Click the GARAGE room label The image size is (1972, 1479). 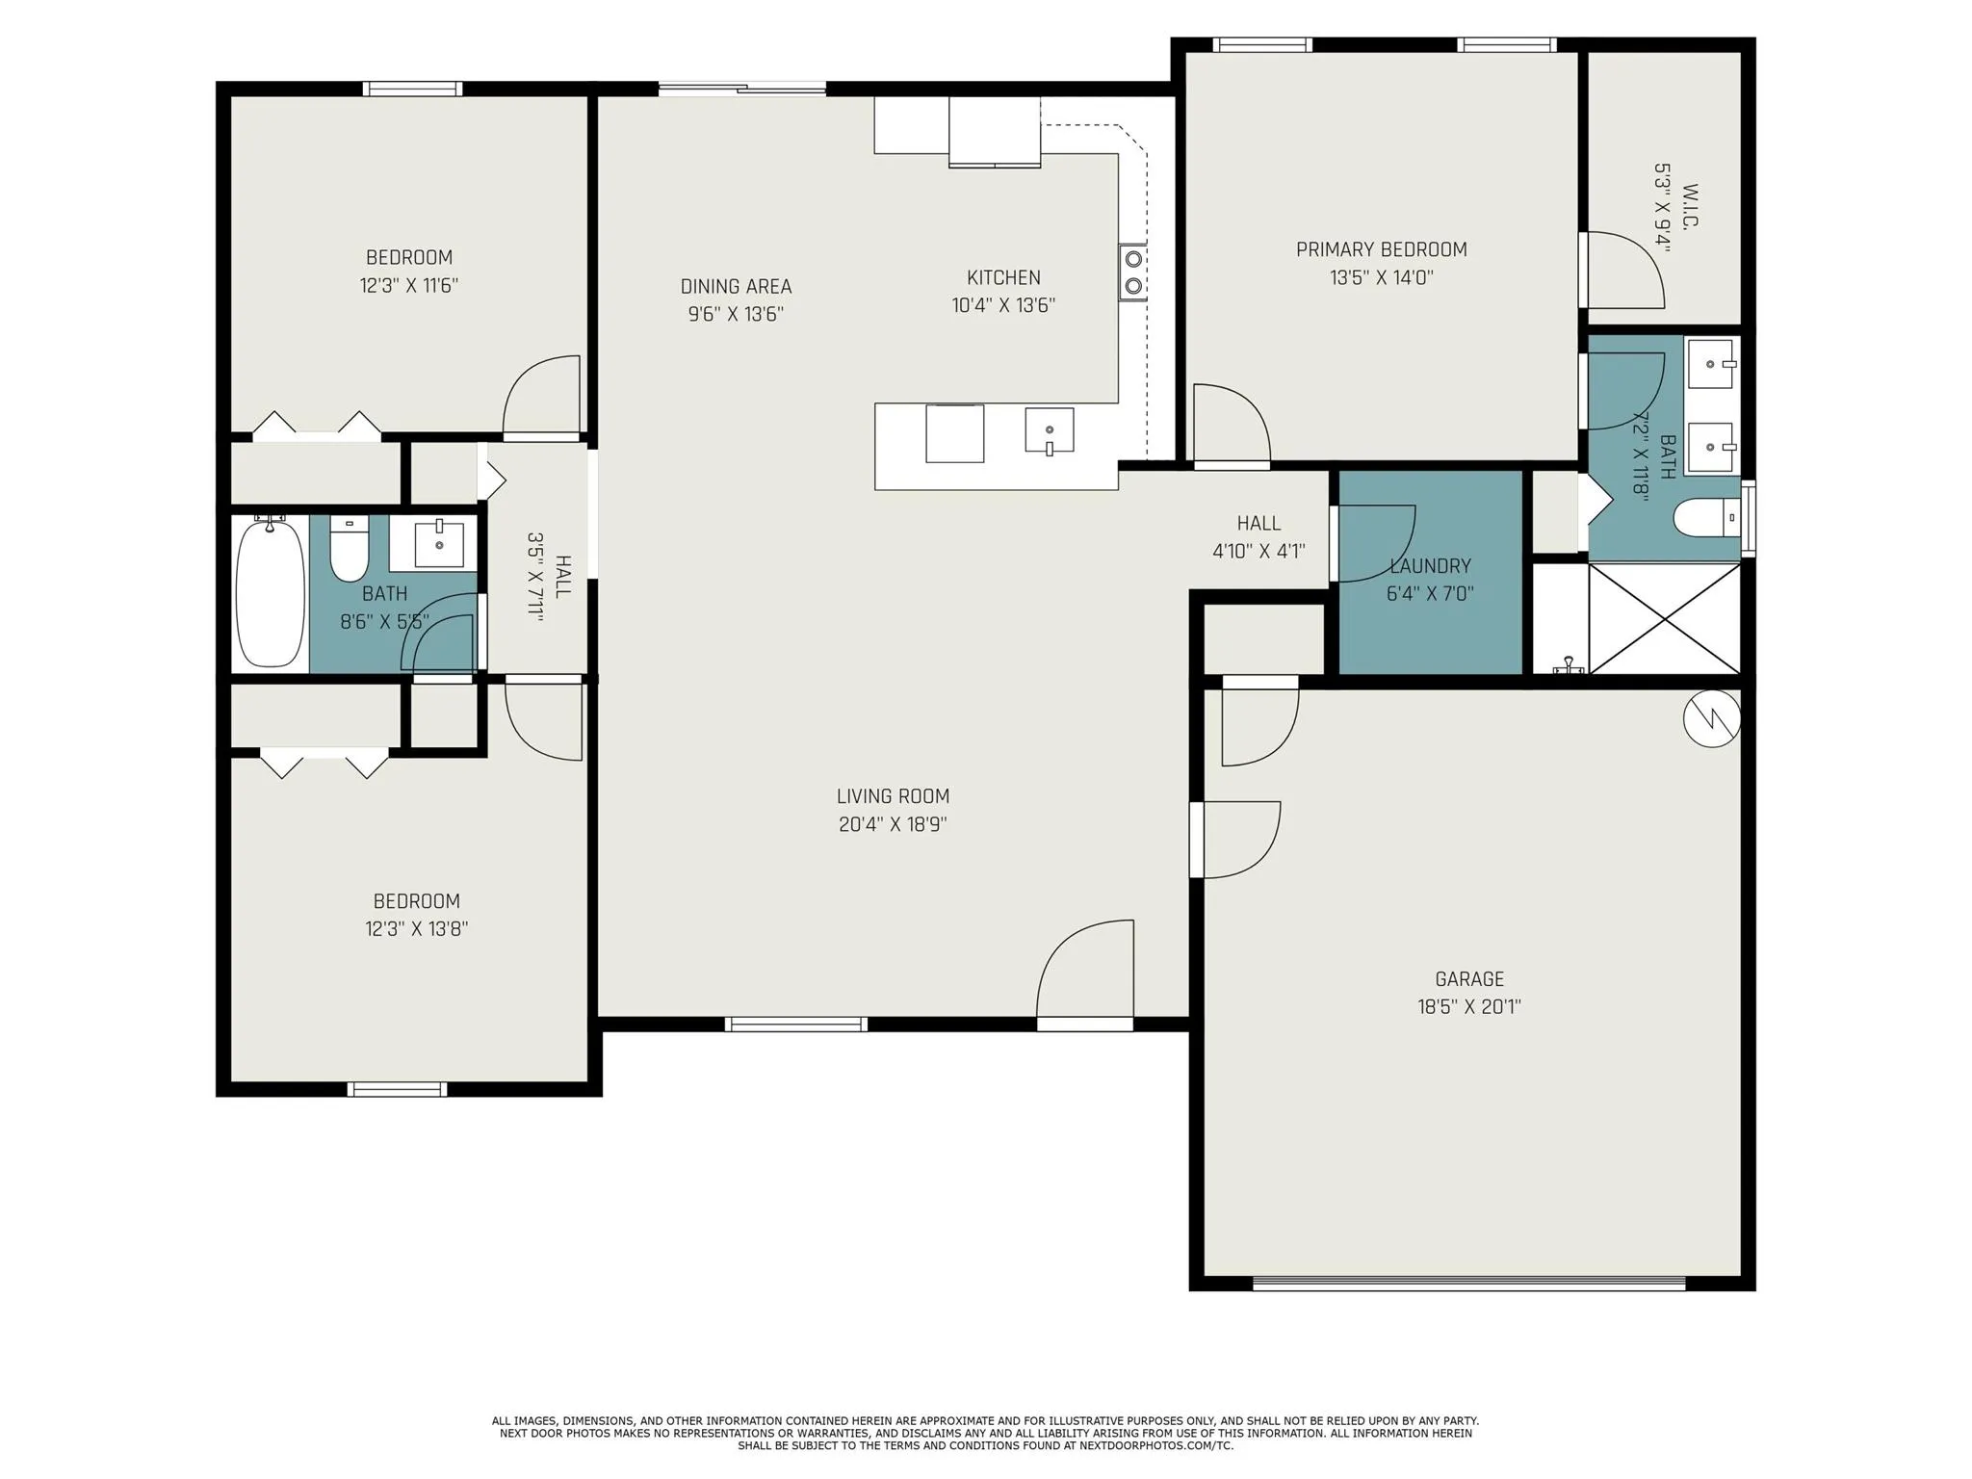[1468, 979]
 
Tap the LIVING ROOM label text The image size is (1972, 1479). [893, 796]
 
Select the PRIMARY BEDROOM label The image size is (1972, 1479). [1381, 249]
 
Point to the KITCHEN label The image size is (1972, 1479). [1003, 277]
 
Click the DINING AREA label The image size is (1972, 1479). [736, 286]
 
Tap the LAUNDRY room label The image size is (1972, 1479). [1430, 565]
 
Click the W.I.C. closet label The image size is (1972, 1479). [1691, 205]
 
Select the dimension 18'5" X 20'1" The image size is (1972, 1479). [1468, 1007]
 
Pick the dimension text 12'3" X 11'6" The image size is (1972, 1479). [408, 286]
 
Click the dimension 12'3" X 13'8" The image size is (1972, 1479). [416, 929]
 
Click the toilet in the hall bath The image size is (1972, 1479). [350, 549]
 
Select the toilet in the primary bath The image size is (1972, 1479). [1706, 518]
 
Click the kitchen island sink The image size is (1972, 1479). [1049, 430]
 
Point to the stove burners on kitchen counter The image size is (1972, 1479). [1133, 272]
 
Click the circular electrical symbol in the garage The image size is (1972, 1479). [1712, 717]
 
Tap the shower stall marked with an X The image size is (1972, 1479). [1665, 619]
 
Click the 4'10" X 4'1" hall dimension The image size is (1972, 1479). [1258, 552]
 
